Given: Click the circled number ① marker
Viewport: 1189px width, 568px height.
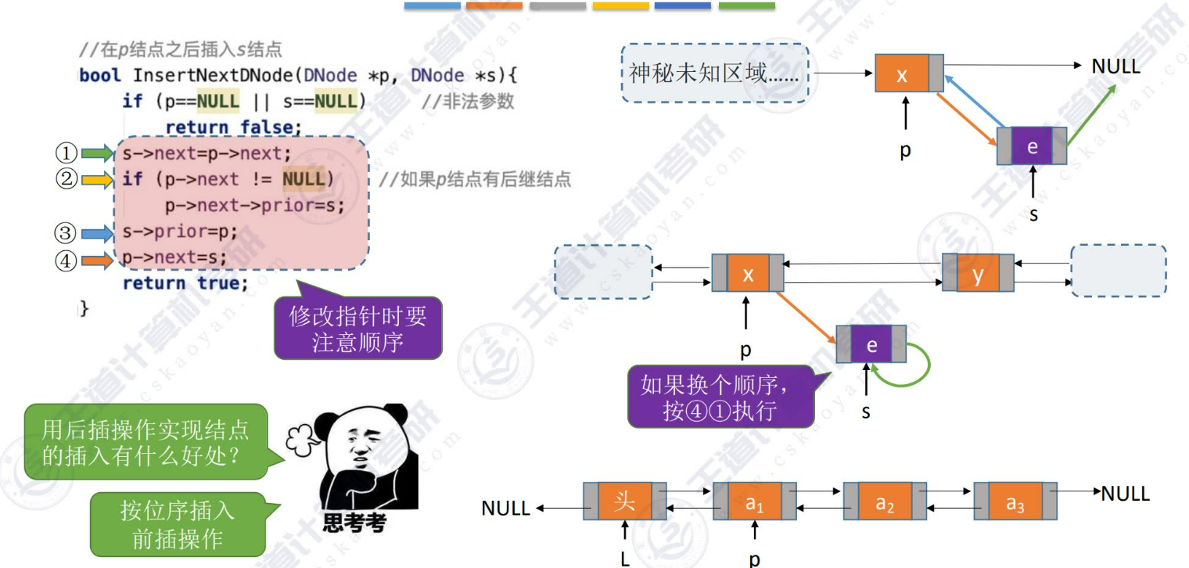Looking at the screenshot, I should click(64, 152).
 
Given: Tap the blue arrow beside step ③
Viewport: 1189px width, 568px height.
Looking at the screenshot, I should click(98, 232).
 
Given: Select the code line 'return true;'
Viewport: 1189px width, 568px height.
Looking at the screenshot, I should click(185, 283).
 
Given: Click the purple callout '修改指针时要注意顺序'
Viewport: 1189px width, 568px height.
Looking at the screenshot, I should click(357, 329).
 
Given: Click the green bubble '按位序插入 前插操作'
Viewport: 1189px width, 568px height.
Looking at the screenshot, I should click(178, 524).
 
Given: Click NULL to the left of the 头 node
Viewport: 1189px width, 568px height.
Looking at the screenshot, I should click(506, 509).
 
